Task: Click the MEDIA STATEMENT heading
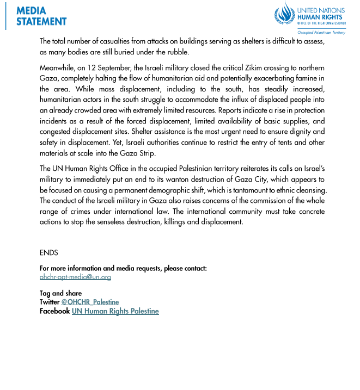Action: click(x=41, y=16)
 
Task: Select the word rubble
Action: click(x=177, y=52)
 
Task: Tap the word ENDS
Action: click(x=48, y=253)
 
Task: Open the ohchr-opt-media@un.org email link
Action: click(x=75, y=277)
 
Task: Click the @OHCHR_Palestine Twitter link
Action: click(x=90, y=302)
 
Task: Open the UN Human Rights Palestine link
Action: click(x=115, y=311)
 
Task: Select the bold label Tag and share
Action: click(x=60, y=294)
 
